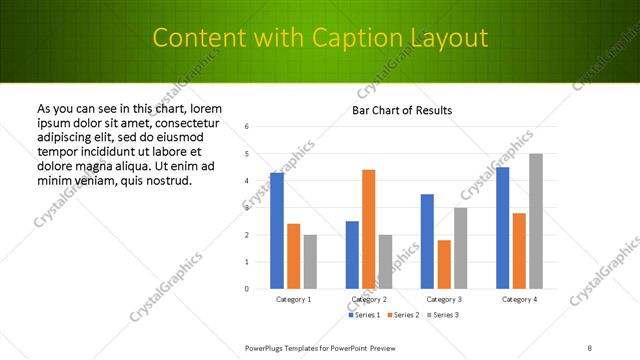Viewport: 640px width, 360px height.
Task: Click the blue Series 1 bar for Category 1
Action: [x=277, y=231]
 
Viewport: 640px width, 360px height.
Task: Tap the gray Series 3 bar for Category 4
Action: [x=536, y=221]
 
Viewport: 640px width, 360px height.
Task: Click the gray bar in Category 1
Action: [x=310, y=262]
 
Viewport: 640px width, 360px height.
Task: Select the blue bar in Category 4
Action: [x=502, y=228]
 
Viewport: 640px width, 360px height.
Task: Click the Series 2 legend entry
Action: [x=404, y=315]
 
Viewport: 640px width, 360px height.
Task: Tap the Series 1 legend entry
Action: [x=365, y=315]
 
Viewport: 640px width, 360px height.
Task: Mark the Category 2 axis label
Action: [x=369, y=299]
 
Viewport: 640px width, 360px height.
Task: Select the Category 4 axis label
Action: [x=519, y=299]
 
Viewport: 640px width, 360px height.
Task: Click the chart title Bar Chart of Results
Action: [x=402, y=110]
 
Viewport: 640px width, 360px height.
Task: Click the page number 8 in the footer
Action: [x=589, y=348]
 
